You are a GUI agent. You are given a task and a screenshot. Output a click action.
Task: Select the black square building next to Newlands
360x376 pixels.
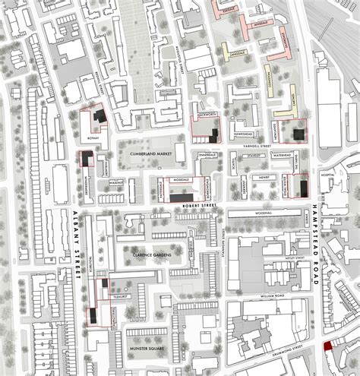coord(299,133)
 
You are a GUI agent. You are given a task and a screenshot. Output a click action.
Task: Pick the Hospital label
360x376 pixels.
coord(327,175)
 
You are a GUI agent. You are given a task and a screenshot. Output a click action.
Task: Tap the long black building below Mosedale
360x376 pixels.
coord(182,197)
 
